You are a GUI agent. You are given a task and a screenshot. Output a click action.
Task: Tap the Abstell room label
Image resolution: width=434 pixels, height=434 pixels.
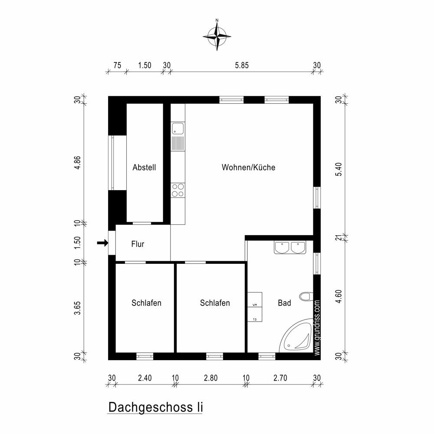coord(144,167)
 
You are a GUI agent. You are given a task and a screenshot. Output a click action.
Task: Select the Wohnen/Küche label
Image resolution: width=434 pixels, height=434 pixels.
coord(248,167)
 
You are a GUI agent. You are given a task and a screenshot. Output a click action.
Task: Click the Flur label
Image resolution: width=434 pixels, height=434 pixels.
coord(138,244)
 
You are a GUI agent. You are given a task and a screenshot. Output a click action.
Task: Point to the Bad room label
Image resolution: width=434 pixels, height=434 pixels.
coord(284,303)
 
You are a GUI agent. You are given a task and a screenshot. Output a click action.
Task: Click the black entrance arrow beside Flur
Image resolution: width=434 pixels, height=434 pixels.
coord(102,243)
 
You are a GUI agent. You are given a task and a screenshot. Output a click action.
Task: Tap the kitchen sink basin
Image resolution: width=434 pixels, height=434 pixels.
coord(178,129)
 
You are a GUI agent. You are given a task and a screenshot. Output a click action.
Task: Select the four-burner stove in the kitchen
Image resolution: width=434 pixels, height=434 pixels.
coord(178,190)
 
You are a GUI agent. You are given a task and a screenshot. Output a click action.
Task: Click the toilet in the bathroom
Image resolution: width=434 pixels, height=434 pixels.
coord(306,296)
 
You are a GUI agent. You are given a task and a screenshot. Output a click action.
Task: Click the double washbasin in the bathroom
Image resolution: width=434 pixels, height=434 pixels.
coord(290,247)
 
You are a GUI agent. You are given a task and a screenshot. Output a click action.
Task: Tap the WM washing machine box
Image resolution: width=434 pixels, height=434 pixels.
coord(255,300)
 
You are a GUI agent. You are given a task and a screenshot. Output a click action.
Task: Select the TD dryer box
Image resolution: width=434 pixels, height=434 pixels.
coord(255,315)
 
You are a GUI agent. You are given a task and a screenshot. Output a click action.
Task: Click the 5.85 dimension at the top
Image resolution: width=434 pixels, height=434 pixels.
coord(242,66)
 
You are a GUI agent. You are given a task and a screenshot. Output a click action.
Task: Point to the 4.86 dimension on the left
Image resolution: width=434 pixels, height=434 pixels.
coord(78,163)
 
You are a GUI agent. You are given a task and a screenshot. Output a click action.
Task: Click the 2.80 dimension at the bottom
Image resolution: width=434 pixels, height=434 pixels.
coord(210,378)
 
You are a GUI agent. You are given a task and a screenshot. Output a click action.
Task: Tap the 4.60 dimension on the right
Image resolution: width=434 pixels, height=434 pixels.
coord(339,296)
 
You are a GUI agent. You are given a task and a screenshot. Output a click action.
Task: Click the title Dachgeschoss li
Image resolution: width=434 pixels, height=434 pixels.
coord(155,407)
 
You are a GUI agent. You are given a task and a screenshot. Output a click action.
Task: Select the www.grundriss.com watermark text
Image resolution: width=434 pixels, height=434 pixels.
coord(317,328)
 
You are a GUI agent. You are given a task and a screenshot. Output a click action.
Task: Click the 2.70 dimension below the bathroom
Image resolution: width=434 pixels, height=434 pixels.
coord(280,378)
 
